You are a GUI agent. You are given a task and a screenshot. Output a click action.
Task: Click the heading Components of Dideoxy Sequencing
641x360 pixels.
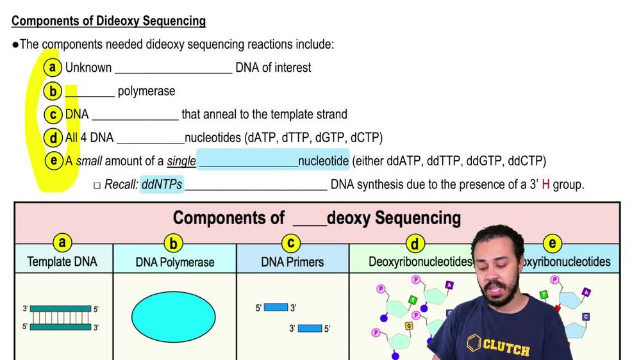tap(108, 21)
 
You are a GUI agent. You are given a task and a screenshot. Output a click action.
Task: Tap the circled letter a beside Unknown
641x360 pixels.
tap(53, 67)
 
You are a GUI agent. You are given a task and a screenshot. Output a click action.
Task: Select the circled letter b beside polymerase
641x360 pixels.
tap(53, 91)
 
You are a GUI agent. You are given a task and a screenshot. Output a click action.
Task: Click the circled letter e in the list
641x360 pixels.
tap(54, 161)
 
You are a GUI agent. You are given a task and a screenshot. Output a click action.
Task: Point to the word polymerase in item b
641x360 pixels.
tap(146, 92)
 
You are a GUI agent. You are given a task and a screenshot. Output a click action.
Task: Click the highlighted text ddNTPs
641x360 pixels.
tap(162, 184)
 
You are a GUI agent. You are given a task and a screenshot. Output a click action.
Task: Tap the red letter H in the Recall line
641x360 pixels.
tap(545, 184)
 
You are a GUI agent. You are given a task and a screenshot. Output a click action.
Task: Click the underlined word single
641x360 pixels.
tap(181, 161)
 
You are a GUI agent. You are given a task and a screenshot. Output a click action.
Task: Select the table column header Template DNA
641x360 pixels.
tap(63, 261)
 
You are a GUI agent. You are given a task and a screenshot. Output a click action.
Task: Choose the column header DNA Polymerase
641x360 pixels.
tap(174, 262)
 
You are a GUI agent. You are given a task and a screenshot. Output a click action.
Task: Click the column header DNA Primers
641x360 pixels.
tap(292, 262)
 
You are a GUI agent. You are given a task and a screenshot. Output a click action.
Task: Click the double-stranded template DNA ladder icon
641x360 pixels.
tap(60, 318)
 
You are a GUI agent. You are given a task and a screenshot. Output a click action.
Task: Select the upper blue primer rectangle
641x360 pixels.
tap(276, 307)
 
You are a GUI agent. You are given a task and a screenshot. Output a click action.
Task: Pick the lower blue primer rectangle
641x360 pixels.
tap(310, 329)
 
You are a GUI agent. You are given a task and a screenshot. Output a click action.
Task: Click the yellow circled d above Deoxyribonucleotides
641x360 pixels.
tap(415, 243)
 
